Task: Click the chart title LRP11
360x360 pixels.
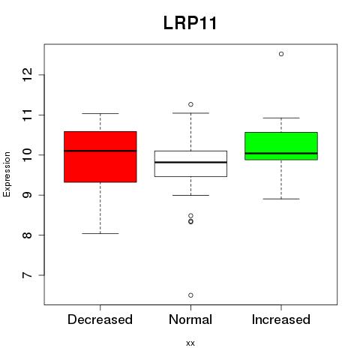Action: coord(190,23)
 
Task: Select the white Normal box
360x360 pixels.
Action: coord(190,163)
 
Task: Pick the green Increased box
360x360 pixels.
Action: coord(281,146)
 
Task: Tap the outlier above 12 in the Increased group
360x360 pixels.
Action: coord(281,54)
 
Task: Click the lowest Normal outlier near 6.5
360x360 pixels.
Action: coord(190,295)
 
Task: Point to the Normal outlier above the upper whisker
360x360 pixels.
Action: coord(190,104)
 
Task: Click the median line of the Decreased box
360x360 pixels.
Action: coord(100,151)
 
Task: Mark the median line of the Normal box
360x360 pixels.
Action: coord(190,162)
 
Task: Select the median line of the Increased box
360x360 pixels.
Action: coord(281,153)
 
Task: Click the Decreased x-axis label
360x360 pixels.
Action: coord(100,319)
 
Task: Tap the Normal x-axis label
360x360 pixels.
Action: coord(190,319)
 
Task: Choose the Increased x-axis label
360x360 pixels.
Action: coord(281,319)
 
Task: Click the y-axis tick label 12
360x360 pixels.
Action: coord(27,74)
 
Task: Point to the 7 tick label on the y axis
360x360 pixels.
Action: coord(27,275)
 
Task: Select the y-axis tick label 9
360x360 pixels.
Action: coord(27,195)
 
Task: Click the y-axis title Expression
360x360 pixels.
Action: coord(7,174)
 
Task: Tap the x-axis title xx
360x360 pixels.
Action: coord(190,343)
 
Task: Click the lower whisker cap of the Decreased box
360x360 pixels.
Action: coord(100,233)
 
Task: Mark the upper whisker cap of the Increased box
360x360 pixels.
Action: coord(281,118)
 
